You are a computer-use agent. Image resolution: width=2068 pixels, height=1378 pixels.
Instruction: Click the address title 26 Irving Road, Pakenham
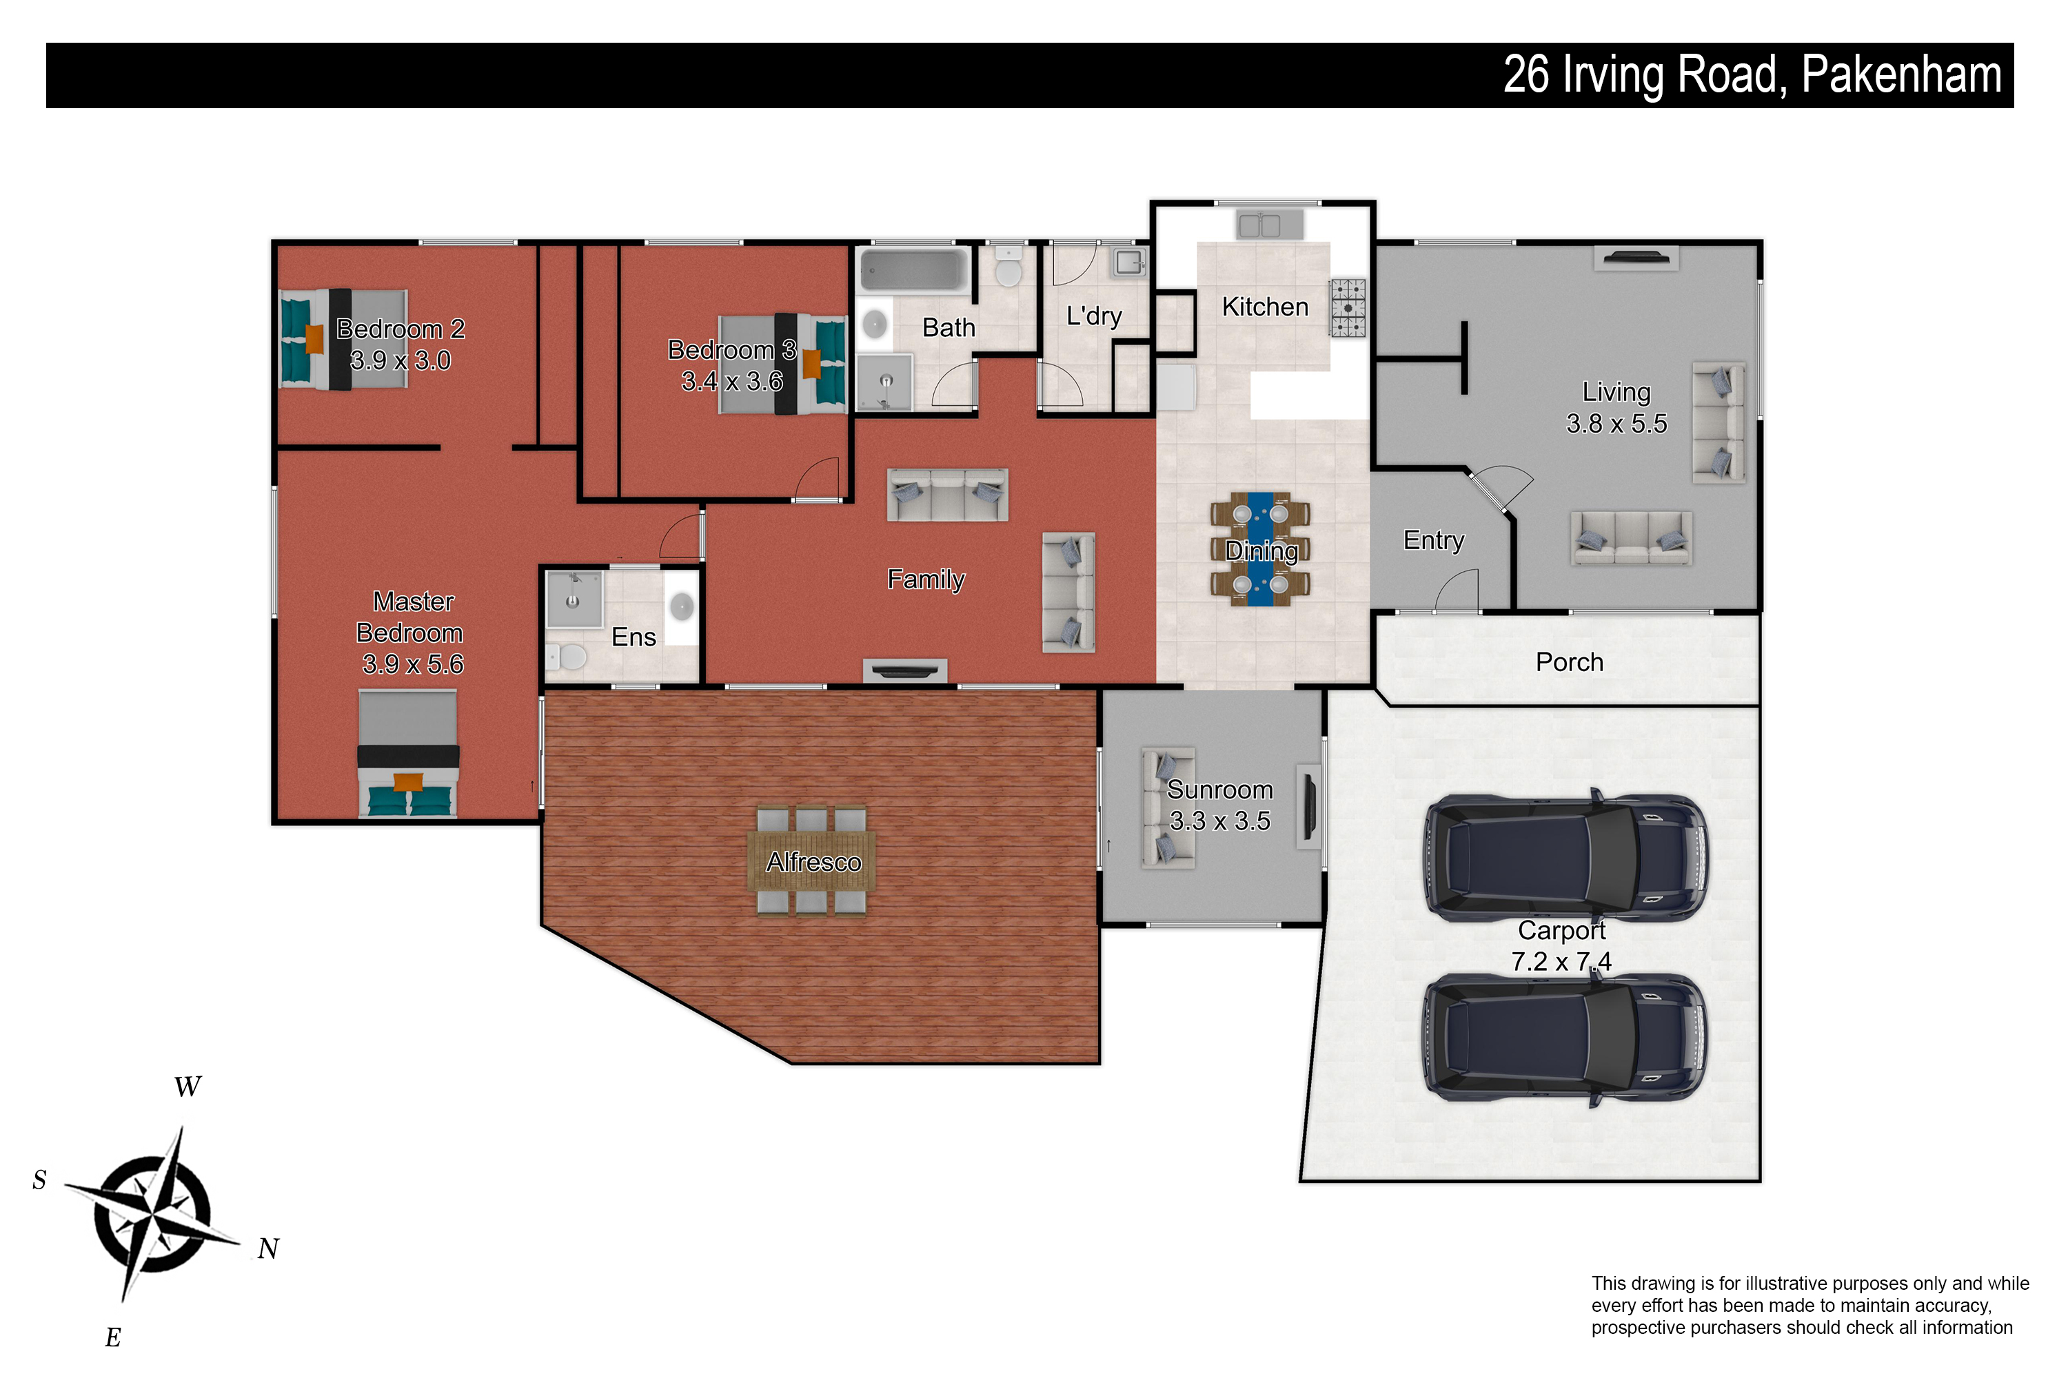coord(1752,76)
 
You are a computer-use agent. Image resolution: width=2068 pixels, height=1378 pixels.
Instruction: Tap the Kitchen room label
coord(1265,307)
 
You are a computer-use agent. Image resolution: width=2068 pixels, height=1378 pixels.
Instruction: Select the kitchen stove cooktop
coord(1348,307)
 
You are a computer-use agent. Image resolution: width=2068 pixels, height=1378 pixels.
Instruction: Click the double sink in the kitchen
coord(1259,225)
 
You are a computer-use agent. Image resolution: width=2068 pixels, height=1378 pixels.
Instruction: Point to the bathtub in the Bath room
coord(913,269)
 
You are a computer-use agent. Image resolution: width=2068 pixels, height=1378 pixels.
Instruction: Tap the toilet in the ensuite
coord(567,656)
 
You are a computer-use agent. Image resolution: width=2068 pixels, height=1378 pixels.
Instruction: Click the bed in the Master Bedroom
coord(408,753)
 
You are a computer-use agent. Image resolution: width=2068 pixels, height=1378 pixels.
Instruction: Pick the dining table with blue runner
coord(1260,549)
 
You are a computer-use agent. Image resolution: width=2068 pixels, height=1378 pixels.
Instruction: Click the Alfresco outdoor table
coord(811,861)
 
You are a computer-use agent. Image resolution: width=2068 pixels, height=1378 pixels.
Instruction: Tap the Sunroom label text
coord(1219,789)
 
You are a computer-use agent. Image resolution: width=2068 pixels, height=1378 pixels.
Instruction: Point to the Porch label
coord(1570,661)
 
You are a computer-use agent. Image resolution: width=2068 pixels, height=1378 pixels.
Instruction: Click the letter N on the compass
coord(268,1248)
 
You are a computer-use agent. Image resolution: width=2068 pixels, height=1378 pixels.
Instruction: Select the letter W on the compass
coord(187,1087)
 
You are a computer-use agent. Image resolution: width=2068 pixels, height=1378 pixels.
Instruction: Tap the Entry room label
coord(1434,540)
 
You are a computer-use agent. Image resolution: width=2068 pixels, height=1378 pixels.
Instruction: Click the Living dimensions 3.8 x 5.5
coord(1616,424)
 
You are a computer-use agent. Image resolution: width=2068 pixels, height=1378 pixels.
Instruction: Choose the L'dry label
coord(1094,316)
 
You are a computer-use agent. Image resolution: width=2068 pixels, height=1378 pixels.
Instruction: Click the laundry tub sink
coord(1129,261)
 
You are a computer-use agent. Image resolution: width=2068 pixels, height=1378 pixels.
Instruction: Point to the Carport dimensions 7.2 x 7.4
coord(1561,961)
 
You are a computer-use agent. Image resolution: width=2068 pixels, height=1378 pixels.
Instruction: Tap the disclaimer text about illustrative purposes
coord(1809,1305)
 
